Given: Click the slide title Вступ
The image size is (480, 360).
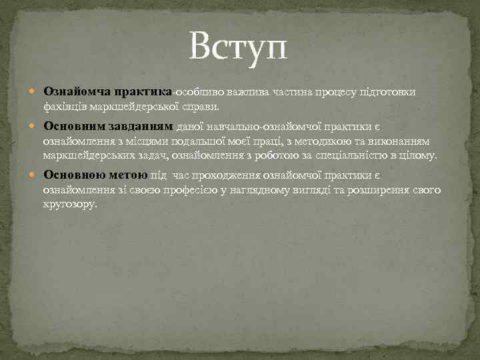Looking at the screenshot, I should [x=239, y=47].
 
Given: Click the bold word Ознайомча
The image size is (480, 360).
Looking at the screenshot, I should [x=77, y=91].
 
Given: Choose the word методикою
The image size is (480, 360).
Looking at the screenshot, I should [x=339, y=141].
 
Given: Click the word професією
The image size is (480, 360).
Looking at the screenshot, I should [x=187, y=190].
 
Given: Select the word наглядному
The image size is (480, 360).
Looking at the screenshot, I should [x=261, y=190].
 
